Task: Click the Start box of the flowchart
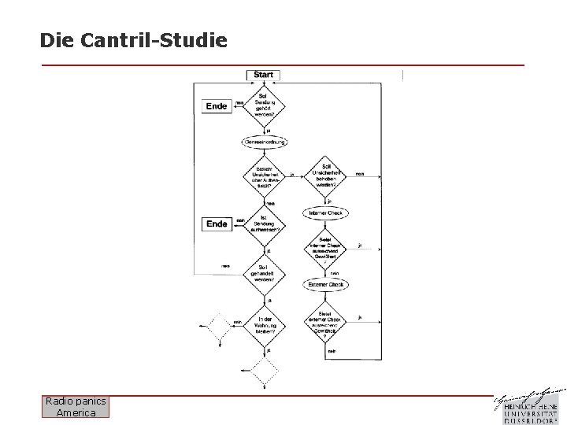264,75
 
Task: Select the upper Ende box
217,106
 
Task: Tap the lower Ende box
217,224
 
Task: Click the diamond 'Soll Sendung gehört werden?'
263,105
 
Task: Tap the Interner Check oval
325,213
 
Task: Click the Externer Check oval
325,284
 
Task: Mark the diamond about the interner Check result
325,249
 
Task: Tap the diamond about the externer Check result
325,320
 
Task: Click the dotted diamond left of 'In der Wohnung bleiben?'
218,324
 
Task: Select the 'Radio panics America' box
76,407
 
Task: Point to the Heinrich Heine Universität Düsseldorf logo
530,405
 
